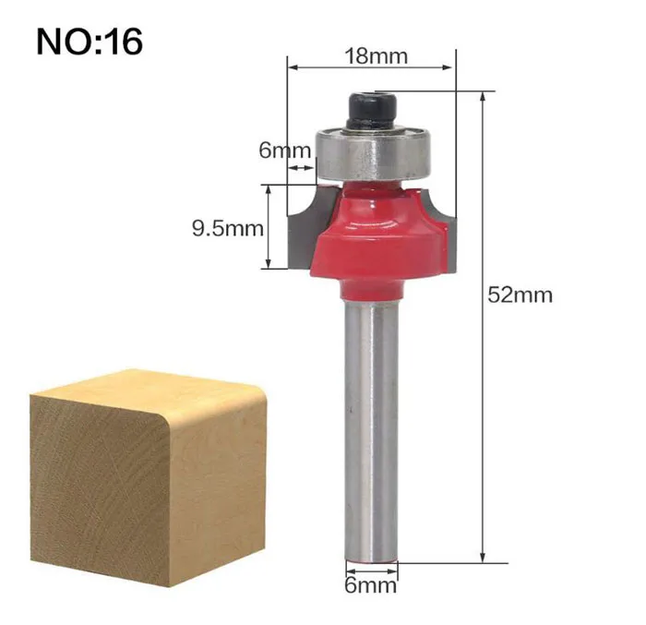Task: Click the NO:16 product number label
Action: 90,42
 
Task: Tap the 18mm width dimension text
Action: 376,56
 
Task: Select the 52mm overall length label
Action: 520,295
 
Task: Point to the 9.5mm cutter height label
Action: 227,228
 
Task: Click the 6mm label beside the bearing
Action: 284,150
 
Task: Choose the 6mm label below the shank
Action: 371,584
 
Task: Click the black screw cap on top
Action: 372,111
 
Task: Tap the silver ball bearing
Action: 373,154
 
